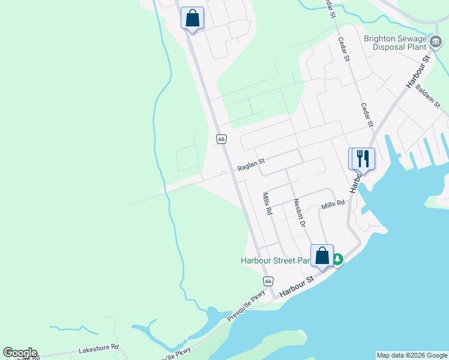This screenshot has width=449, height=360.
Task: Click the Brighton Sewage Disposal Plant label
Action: coord(395,43)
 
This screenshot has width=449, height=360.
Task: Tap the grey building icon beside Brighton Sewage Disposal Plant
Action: coord(436,41)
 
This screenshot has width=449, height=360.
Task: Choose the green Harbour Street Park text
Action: coord(275,261)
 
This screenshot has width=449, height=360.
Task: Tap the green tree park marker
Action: coord(338,259)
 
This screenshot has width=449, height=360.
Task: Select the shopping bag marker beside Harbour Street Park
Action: coord(322,256)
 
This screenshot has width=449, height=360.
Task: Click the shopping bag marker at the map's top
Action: coord(193,18)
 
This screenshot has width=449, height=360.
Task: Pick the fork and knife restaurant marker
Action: coord(363,158)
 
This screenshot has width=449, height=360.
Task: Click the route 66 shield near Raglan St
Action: coord(221,139)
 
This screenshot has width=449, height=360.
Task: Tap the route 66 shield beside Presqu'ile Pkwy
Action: coord(268,281)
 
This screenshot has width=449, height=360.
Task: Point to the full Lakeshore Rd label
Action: coord(99,347)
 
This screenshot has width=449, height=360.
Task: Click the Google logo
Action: coord(20,353)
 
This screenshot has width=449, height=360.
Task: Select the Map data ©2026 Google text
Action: coord(412,355)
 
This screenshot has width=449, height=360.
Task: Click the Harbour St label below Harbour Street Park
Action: coord(297,286)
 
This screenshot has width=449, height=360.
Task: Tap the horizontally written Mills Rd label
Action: coord(333,205)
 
